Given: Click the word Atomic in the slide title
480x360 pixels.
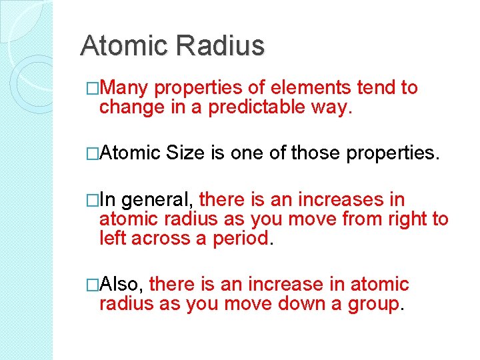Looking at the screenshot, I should click(123, 46).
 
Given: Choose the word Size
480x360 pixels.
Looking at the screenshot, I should click(188, 154).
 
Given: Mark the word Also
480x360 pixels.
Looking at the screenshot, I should click(125, 285).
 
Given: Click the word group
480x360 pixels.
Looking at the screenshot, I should click(373, 304).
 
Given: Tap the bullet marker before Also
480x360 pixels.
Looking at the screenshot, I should click(92, 285).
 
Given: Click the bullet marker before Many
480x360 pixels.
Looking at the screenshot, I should click(92, 88).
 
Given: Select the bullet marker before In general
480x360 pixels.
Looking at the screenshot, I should click(92, 199).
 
